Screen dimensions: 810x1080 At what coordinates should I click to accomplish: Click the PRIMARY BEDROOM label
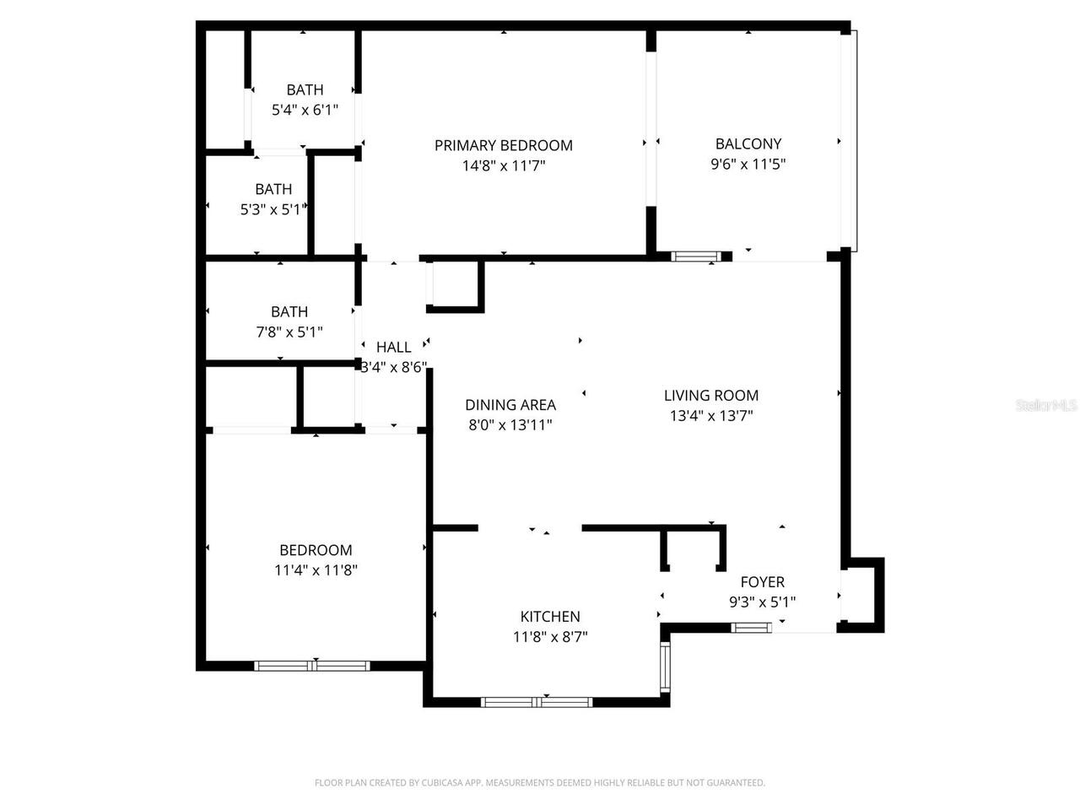click(x=503, y=145)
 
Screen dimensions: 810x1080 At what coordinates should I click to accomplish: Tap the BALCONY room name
click(x=748, y=143)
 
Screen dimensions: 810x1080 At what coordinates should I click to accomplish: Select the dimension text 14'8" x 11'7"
click(x=503, y=166)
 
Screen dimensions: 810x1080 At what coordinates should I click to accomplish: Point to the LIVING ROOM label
click(x=710, y=395)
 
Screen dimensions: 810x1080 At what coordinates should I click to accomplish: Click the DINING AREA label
click(x=510, y=404)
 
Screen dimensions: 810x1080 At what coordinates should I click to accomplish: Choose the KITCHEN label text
click(x=549, y=616)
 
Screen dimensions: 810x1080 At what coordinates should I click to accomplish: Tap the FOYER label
click(x=762, y=581)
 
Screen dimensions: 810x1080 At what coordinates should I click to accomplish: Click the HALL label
click(x=393, y=347)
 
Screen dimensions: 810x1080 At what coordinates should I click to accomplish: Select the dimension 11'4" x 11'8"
click(x=316, y=570)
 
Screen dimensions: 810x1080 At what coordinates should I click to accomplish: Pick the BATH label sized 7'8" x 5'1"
click(x=289, y=311)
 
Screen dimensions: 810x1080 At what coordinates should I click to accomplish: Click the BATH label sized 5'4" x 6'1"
click(x=304, y=89)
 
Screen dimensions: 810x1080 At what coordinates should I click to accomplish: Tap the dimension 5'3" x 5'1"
click(x=272, y=209)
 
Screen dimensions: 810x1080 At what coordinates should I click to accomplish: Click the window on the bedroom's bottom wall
click(x=312, y=666)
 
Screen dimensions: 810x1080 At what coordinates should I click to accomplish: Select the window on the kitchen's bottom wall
click(x=537, y=701)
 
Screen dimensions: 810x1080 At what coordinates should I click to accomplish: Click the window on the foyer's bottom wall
click(x=751, y=627)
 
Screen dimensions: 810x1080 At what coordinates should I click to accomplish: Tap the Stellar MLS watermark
click(x=1046, y=406)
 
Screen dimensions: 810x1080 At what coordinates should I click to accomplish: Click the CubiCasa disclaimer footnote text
click(x=540, y=783)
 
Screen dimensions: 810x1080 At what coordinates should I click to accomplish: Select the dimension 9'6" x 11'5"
click(x=748, y=165)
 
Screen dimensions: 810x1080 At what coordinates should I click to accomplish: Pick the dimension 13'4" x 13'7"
click(x=710, y=415)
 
